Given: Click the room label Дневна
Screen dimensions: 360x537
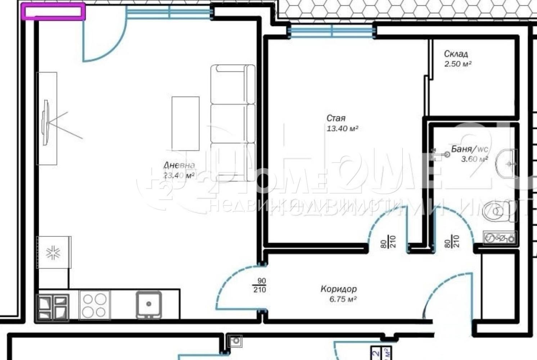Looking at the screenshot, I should click(x=179, y=165).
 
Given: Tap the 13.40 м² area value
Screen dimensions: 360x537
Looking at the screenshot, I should click(x=342, y=129).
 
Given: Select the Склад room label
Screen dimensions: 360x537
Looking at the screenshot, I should click(x=456, y=54).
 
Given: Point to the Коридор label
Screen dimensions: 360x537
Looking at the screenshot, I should click(x=338, y=289).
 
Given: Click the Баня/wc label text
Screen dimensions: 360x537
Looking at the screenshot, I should click(x=469, y=149).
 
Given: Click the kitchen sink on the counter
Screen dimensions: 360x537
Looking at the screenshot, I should click(x=148, y=305).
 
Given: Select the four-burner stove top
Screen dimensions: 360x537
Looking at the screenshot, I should click(x=94, y=305).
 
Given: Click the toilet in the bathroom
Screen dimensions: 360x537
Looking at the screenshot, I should click(x=498, y=212).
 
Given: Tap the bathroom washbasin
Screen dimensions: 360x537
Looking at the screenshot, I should click(x=507, y=164).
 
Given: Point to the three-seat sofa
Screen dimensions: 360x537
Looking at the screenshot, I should click(x=233, y=123).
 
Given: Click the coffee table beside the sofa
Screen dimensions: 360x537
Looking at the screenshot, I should click(x=185, y=123).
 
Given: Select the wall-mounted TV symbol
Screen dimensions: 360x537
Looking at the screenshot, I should click(x=46, y=123).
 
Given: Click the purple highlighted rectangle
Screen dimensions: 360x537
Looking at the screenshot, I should click(x=53, y=11).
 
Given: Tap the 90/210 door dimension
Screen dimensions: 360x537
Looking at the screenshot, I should click(x=260, y=285).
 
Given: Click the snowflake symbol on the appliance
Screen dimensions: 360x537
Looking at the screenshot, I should click(x=53, y=253).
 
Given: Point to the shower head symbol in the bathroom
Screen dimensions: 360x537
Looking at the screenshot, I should click(x=446, y=154).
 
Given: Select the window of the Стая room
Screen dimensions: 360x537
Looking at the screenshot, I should click(x=332, y=31).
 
